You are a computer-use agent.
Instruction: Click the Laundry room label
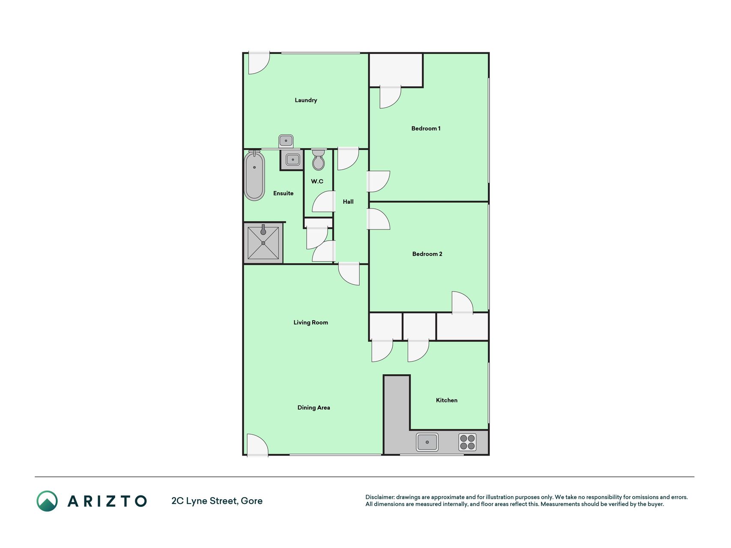tap(306, 100)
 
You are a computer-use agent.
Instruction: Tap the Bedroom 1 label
tap(426, 128)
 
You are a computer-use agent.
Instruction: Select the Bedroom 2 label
tap(427, 254)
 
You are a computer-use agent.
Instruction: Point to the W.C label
tap(317, 182)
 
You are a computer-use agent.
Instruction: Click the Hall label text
tap(348, 202)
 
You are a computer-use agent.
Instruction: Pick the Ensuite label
tap(283, 194)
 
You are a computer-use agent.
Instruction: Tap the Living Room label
tap(310, 322)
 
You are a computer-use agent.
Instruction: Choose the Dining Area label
tap(313, 408)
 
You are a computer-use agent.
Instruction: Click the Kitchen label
tap(447, 400)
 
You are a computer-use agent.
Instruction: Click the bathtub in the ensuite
tap(254, 175)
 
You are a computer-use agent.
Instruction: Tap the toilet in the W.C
tap(318, 160)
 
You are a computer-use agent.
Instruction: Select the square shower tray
tap(263, 243)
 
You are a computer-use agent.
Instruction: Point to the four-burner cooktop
tap(467, 442)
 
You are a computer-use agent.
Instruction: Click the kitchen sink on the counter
tap(427, 442)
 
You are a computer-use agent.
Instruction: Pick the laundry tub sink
tap(286, 141)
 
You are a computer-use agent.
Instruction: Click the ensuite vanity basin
tap(292, 160)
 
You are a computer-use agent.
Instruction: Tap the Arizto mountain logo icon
tap(47, 501)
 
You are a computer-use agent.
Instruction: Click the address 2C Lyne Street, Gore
tap(217, 501)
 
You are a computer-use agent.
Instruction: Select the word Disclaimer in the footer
tap(380, 497)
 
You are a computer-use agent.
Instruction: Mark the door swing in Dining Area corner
tap(258, 445)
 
